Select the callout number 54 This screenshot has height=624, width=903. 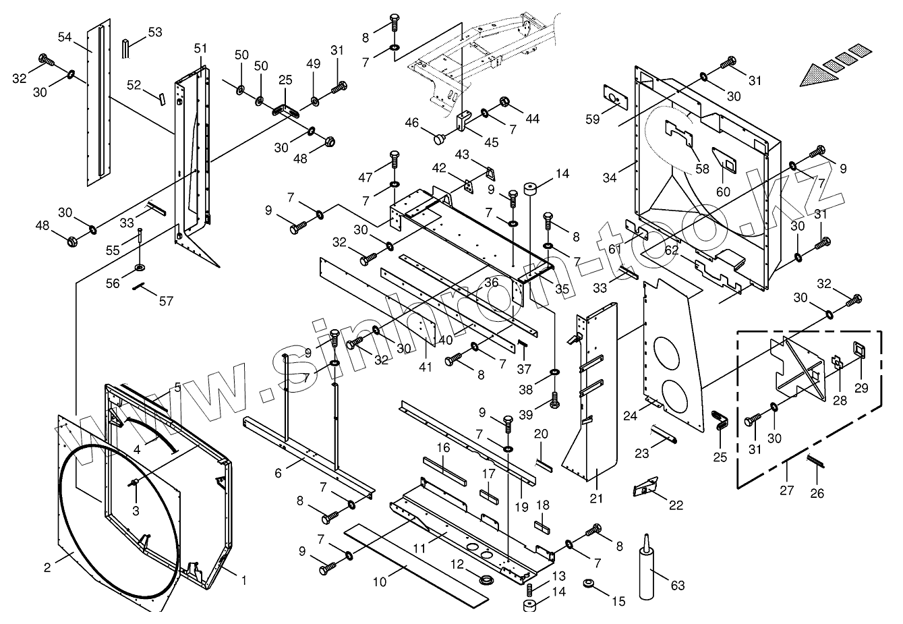pyautogui.click(x=65, y=36)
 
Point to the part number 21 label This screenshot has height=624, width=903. pyautogui.click(x=596, y=499)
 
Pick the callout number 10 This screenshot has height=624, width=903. pyautogui.click(x=380, y=580)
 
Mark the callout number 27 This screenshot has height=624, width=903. pyautogui.click(x=787, y=490)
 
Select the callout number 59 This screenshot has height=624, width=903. pyautogui.click(x=592, y=119)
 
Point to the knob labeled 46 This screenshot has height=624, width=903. pyautogui.click(x=439, y=140)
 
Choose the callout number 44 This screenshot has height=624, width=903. pyautogui.click(x=533, y=119)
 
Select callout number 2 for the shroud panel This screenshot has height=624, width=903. pyautogui.click(x=47, y=567)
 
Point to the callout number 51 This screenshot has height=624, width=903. pyautogui.click(x=201, y=49)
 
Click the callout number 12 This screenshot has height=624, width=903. pyautogui.click(x=457, y=564)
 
